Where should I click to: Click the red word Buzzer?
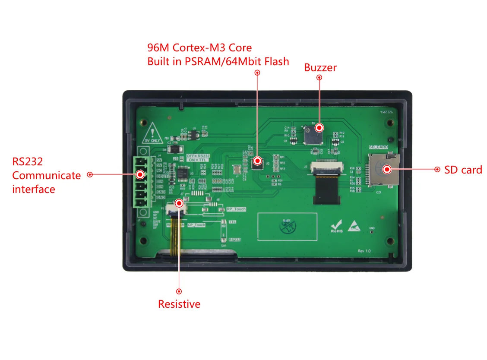320,67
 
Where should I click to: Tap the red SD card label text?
463,170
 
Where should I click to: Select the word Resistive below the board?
179,304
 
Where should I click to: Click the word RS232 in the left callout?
27,161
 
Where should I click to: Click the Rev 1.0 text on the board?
364,251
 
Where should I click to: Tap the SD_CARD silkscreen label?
378,147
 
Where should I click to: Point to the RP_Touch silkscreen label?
236,209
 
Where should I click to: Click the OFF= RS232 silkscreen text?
198,155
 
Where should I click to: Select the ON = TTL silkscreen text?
198,160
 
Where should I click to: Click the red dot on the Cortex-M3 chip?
258,161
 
